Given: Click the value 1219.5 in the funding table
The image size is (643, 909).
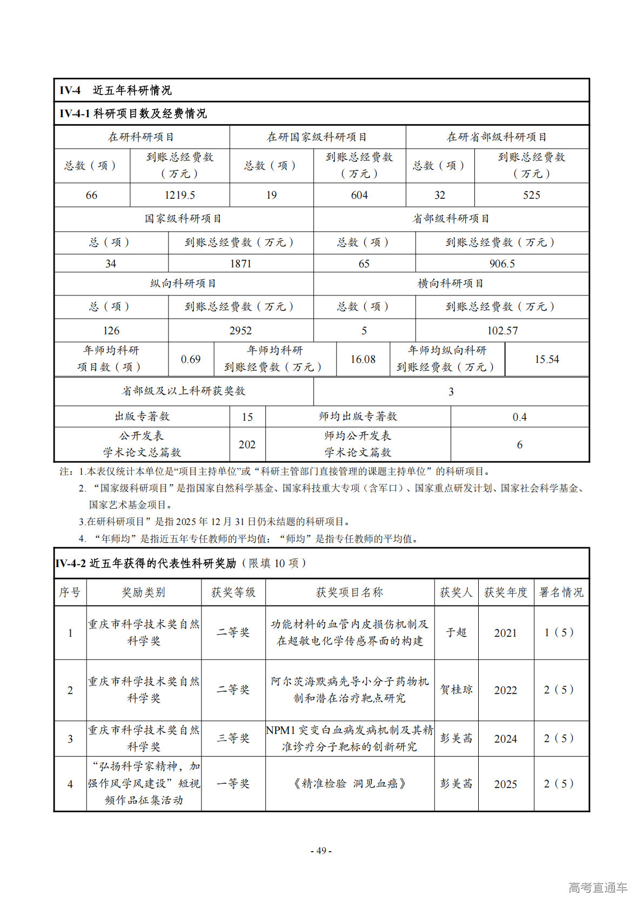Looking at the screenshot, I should pos(180,195).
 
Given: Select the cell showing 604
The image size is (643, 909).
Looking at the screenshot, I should pos(359,195).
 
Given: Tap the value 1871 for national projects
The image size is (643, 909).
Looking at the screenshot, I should pos(240,264).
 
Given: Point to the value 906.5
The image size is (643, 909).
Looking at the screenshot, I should pos(502,264).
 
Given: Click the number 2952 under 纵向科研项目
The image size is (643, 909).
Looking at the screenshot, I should pos(240,331).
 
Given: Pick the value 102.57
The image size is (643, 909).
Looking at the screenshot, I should pos(502,331).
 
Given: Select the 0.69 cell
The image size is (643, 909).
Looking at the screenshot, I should pos(191,359).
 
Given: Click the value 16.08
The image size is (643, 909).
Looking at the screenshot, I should pos(363,359).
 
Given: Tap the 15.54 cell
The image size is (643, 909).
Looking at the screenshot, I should pos(547,359).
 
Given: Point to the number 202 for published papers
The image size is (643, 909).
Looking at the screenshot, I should pos(247,445).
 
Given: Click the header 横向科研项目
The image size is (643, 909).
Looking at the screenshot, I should pos(451,284).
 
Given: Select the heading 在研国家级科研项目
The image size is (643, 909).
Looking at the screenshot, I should pos(317,137).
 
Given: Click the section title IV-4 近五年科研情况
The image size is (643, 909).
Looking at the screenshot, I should pos(116,90).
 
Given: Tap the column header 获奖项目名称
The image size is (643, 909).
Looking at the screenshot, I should pos(350,592).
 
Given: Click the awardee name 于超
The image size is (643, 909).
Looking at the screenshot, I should pos(456,632).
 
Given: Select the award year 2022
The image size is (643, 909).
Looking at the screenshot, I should pos(505,690).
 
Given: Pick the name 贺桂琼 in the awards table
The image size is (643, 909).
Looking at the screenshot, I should pos(456,690).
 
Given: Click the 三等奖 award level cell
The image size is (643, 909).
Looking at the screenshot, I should pos(233,738).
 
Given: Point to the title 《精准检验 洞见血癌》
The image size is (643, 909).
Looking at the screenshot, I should pos(350,784).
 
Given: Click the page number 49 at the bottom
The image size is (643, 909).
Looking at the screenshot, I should pos(321,851).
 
